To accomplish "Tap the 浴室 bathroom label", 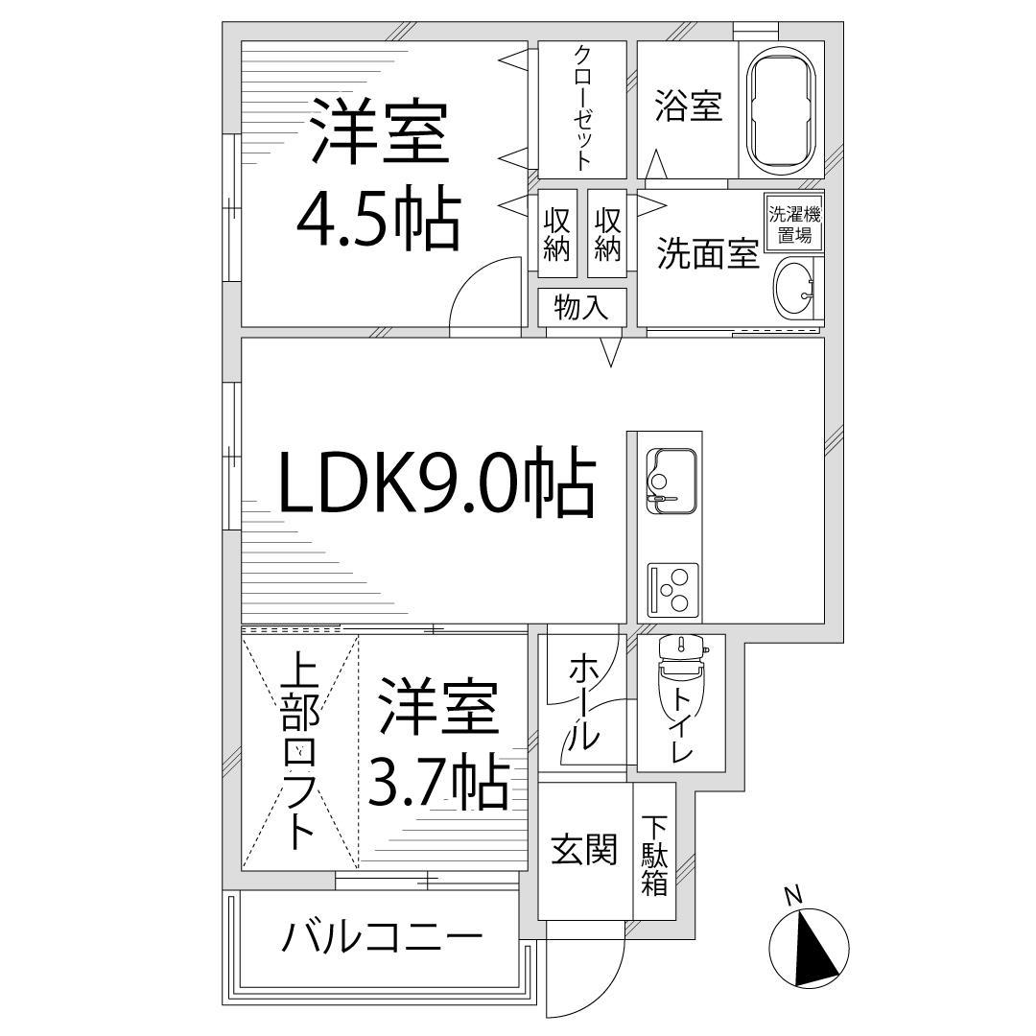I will pos(688,106).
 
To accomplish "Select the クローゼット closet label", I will pos(581,107).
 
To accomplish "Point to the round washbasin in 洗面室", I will pos(795,287).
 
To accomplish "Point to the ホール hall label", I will pos(584,701).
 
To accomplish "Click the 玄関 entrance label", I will pos(583,849).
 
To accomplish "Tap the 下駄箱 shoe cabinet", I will pos(654,855).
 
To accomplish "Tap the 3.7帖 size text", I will pos(437,785).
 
